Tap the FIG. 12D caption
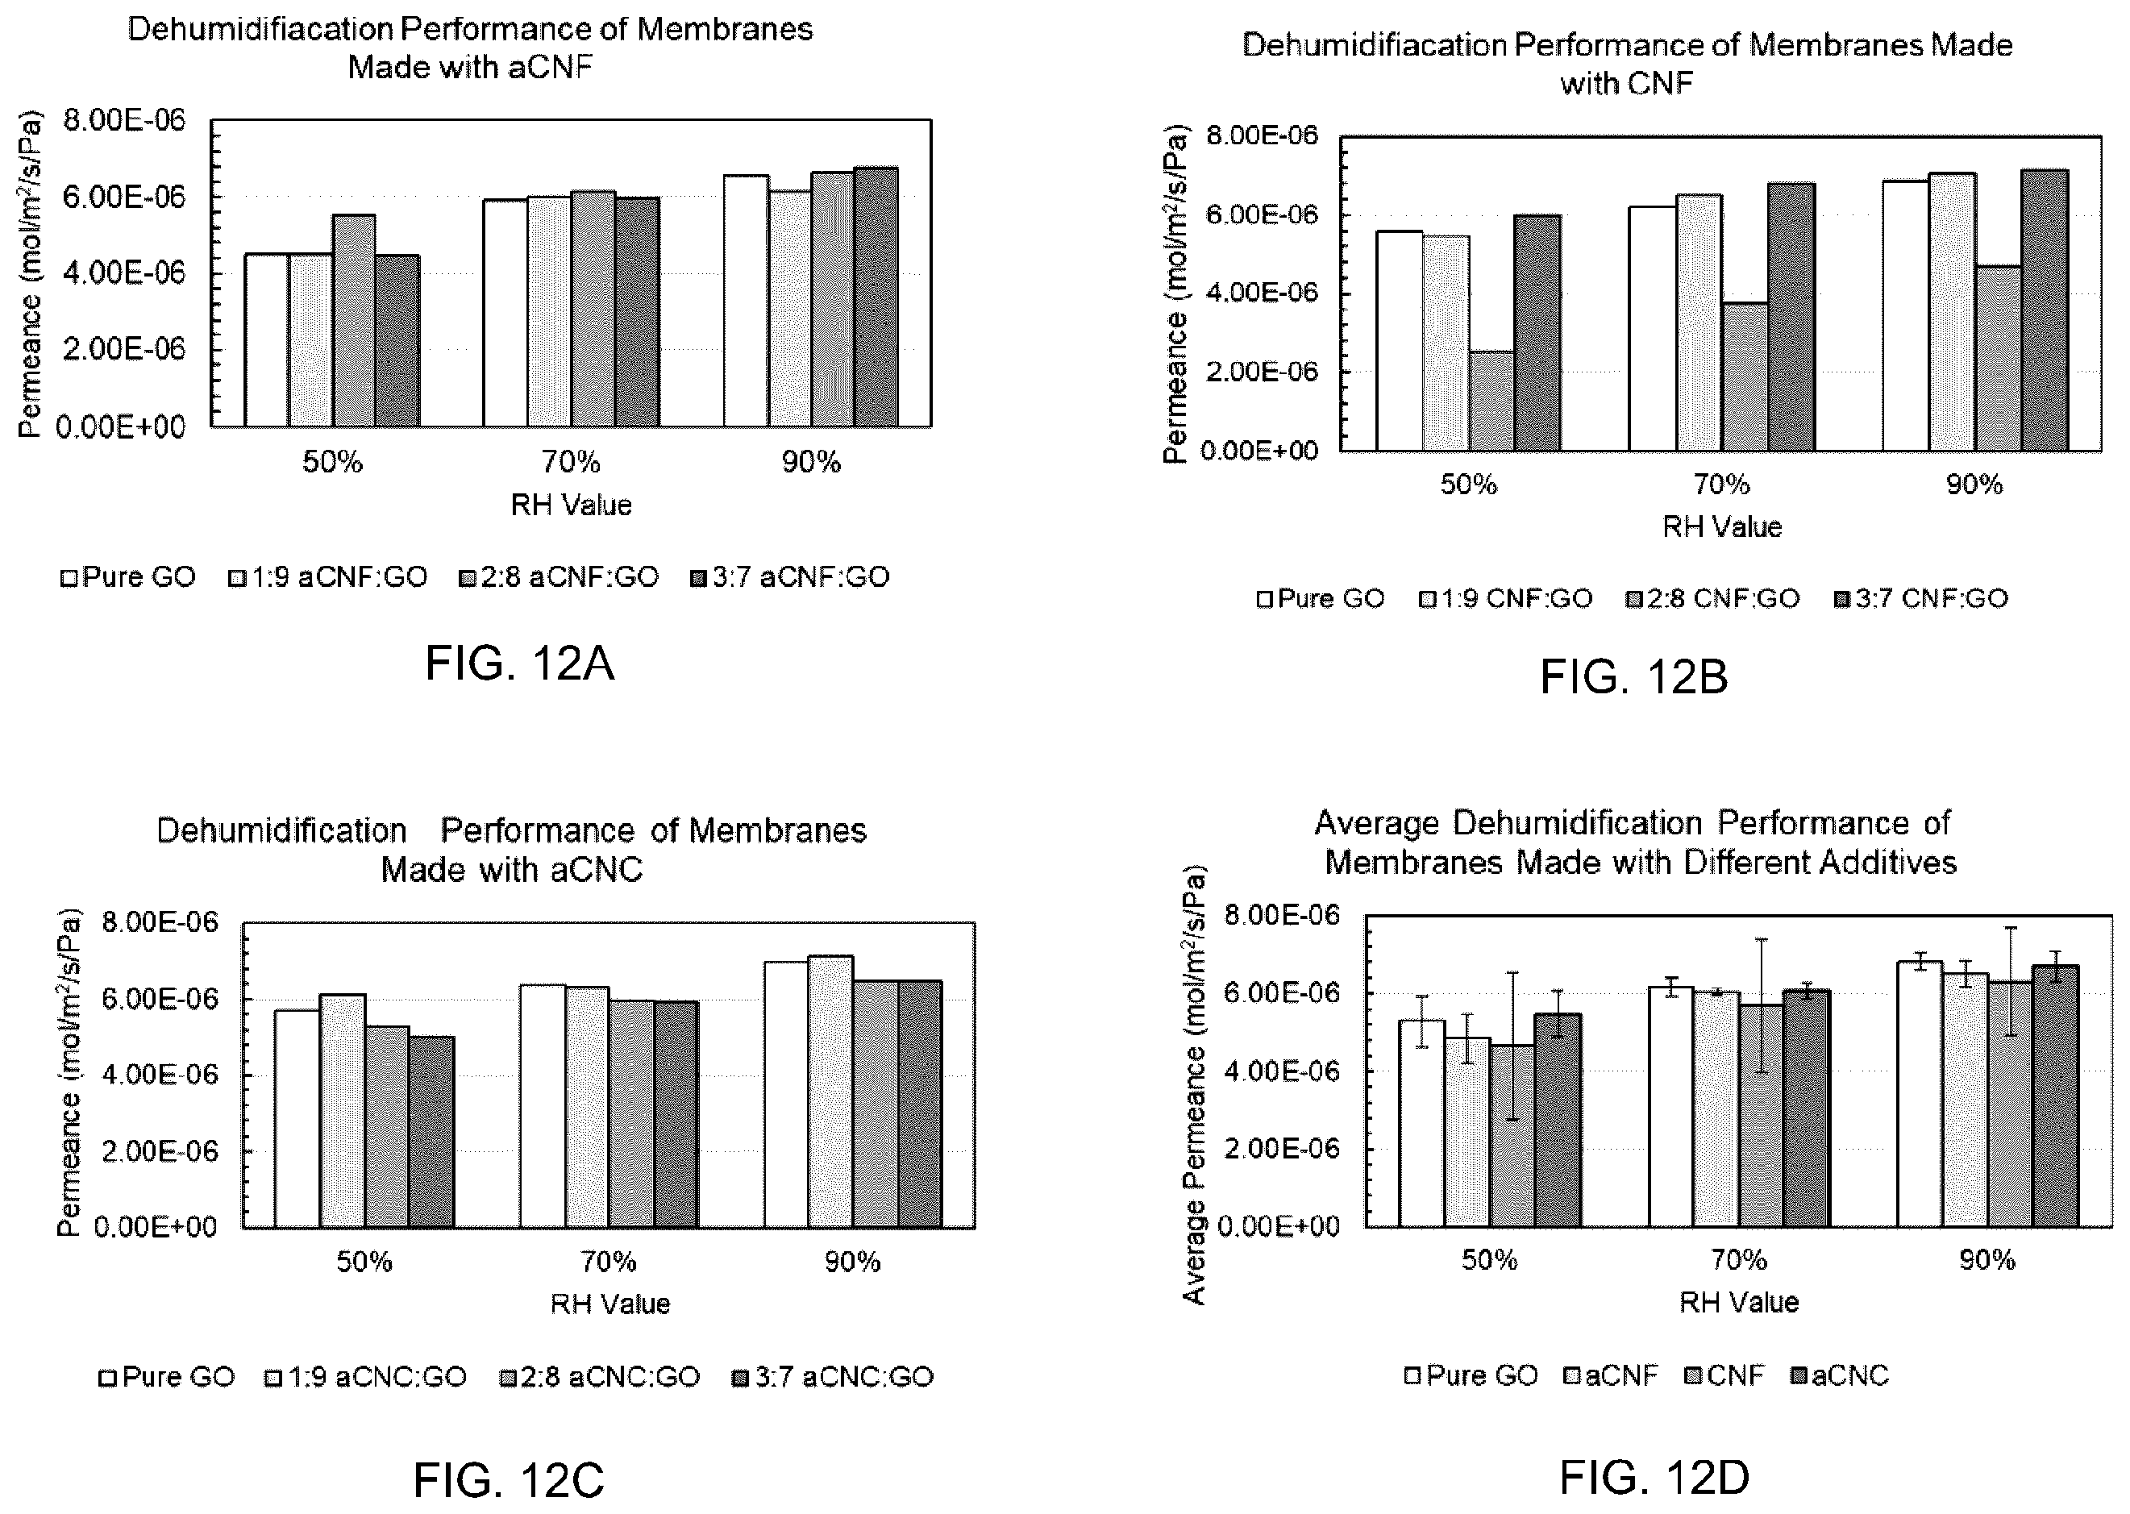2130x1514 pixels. point(1654,1478)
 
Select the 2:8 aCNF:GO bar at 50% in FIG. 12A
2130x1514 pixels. point(354,321)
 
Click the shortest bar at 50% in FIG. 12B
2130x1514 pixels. point(1491,401)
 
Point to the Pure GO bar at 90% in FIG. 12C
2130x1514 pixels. point(786,1095)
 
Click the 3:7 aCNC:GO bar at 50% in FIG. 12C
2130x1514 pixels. point(431,1132)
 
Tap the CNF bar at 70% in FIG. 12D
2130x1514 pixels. point(1761,1115)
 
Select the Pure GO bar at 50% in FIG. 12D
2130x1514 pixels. point(1421,1123)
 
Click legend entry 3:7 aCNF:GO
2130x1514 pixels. point(789,578)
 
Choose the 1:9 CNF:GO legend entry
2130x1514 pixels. point(1505,598)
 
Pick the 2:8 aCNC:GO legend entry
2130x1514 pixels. point(599,1377)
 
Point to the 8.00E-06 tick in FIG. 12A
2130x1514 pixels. point(124,120)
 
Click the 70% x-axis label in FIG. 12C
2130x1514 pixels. point(609,1262)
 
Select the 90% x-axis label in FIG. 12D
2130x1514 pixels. point(1987,1260)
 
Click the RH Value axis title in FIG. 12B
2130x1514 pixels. point(1722,526)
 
